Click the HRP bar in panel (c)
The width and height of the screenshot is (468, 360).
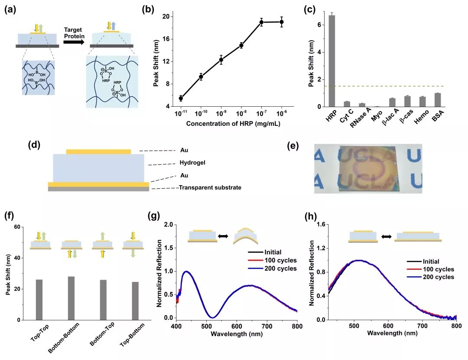(x=332, y=61)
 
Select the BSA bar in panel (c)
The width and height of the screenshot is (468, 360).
(x=437, y=100)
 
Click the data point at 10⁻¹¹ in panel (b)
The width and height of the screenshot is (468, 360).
(x=181, y=98)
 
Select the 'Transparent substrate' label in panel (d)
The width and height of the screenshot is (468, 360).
(x=210, y=188)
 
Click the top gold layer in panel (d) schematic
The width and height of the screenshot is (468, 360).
(x=98, y=151)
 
